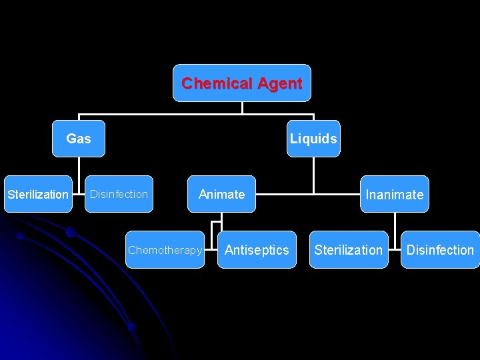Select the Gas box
click(x=79, y=139)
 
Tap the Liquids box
click(x=313, y=139)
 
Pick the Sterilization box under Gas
click(x=38, y=194)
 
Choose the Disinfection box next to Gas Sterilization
click(x=119, y=194)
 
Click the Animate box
click(x=222, y=194)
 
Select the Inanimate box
click(x=394, y=195)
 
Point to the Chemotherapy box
click(x=165, y=250)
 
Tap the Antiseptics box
click(x=257, y=250)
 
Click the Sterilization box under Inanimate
click(x=349, y=250)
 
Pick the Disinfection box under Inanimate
click(x=440, y=250)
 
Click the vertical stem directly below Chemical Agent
click(x=242, y=107)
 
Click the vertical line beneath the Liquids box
click(x=313, y=175)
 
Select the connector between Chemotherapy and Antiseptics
click(x=211, y=250)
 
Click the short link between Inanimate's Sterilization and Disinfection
click(x=394, y=250)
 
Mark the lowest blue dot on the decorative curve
click(x=132, y=327)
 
